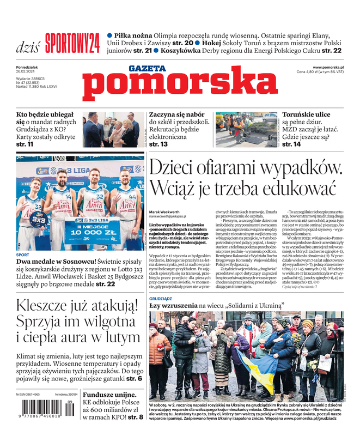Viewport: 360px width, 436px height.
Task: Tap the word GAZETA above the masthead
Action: tap(147, 69)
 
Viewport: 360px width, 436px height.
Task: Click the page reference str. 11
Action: tap(25, 144)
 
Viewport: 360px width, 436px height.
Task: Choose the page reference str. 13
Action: tap(158, 144)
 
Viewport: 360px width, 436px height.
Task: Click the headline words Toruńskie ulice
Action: tap(306, 114)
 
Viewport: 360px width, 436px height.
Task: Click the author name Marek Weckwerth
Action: tap(164, 211)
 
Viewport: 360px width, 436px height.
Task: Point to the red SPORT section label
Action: tap(22, 255)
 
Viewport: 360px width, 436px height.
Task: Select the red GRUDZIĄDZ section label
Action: tap(161, 299)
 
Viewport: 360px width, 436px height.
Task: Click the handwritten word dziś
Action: tap(28, 46)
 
